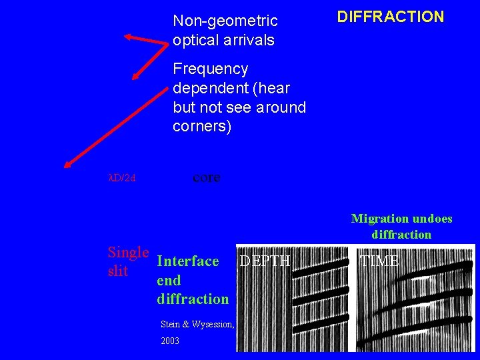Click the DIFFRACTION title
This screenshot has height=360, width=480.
pyautogui.click(x=390, y=17)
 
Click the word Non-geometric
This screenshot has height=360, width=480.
pyautogui.click(x=225, y=22)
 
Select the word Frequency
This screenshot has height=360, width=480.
pyautogui.click(x=210, y=69)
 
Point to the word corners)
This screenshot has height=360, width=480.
pyautogui.click(x=202, y=126)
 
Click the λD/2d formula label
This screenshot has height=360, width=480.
pyautogui.click(x=122, y=178)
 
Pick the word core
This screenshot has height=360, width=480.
pyautogui.click(x=206, y=178)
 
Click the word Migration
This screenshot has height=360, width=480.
pyautogui.click(x=379, y=219)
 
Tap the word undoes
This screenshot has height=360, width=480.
pyautogui.click(x=431, y=219)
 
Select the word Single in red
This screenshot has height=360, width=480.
pyautogui.click(x=128, y=253)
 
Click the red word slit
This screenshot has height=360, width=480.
pyautogui.click(x=117, y=271)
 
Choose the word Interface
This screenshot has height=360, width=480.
pyautogui.click(x=187, y=261)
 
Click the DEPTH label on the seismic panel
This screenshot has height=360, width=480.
pyautogui.click(x=265, y=261)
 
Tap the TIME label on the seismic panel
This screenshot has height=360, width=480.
pyautogui.click(x=379, y=261)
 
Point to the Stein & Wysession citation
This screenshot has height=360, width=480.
pyautogui.click(x=197, y=325)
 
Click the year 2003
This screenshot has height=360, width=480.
pyautogui.click(x=170, y=341)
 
